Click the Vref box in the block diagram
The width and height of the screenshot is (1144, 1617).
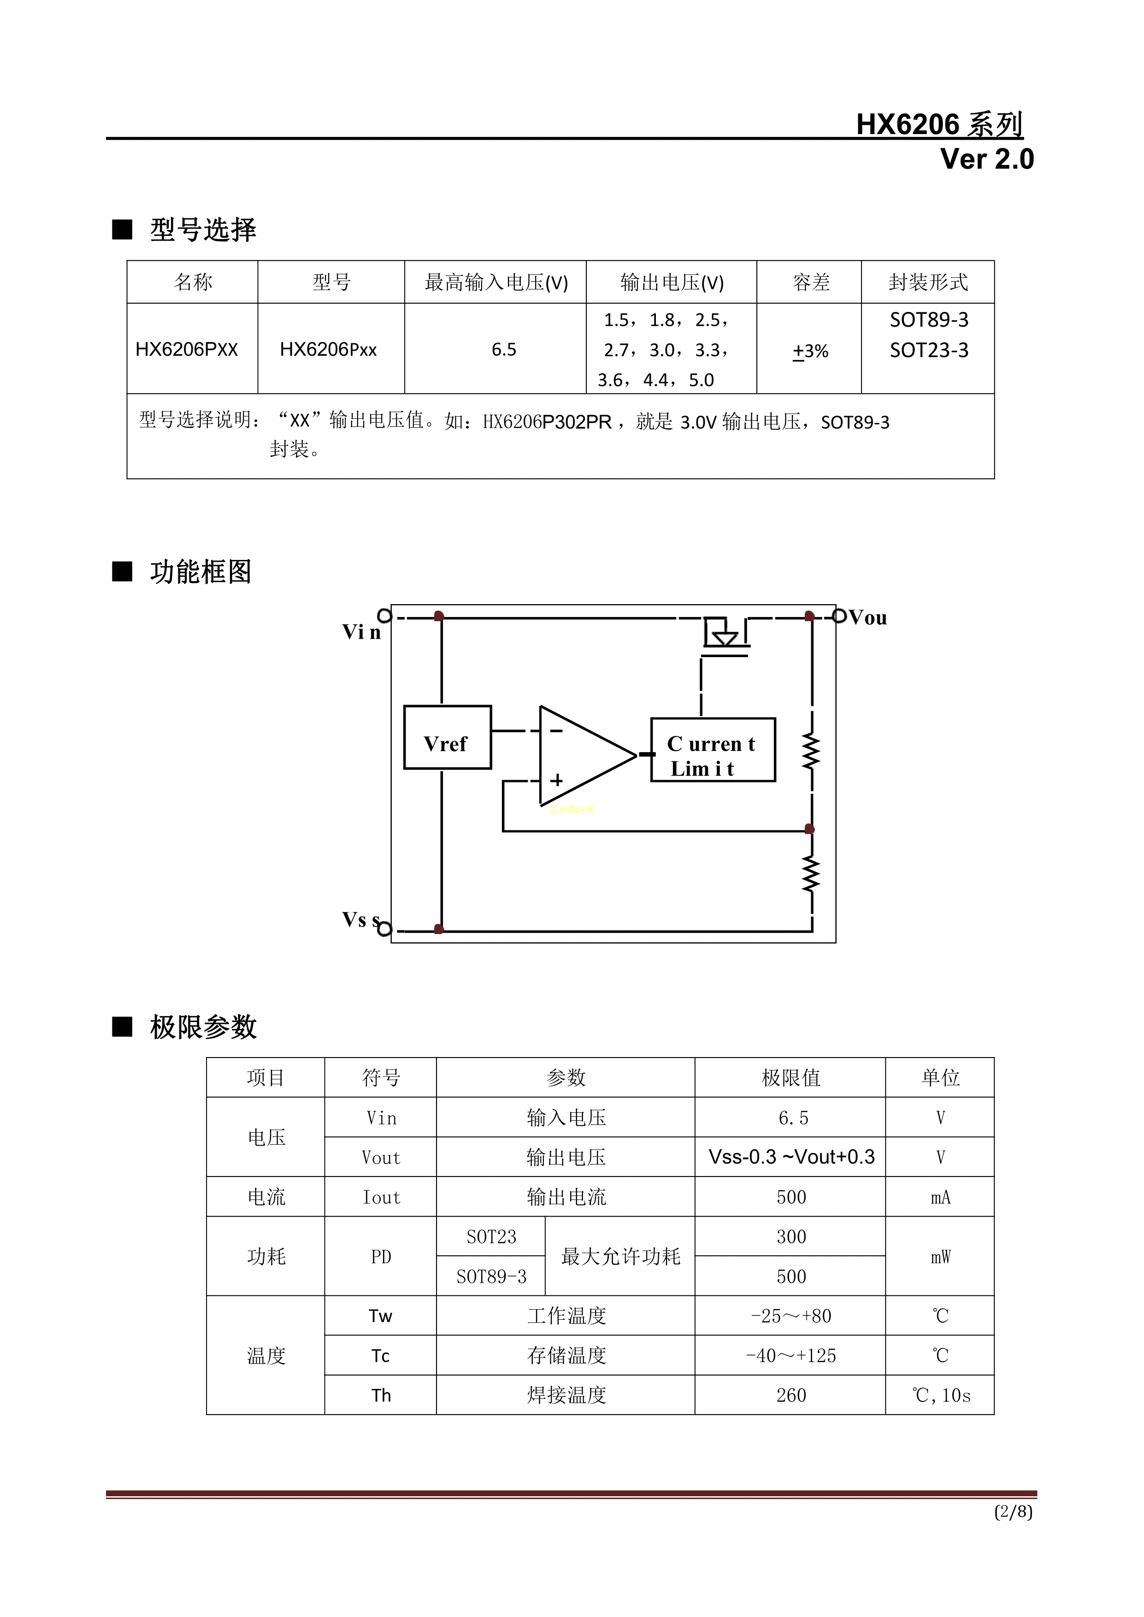click(447, 737)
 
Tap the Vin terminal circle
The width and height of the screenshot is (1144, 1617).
click(384, 616)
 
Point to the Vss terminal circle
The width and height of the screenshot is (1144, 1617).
click(384, 929)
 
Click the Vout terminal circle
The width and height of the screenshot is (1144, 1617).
click(839, 616)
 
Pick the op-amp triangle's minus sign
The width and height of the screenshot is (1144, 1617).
click(556, 731)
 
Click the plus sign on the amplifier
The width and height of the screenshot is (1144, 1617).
click(556, 780)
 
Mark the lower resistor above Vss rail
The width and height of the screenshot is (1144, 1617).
click(812, 874)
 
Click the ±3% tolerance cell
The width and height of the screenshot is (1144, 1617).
click(810, 351)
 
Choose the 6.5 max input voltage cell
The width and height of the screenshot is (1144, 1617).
click(504, 349)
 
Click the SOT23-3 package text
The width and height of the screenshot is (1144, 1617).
click(928, 350)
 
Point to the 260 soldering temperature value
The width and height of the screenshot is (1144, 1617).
click(790, 1395)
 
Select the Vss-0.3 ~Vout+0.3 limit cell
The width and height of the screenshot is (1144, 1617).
click(791, 1157)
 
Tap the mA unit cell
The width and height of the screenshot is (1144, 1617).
click(940, 1197)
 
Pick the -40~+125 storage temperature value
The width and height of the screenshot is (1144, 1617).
click(790, 1356)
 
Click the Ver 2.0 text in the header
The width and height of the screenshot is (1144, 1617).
click(986, 159)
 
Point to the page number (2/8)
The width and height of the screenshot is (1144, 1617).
click(1013, 1511)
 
